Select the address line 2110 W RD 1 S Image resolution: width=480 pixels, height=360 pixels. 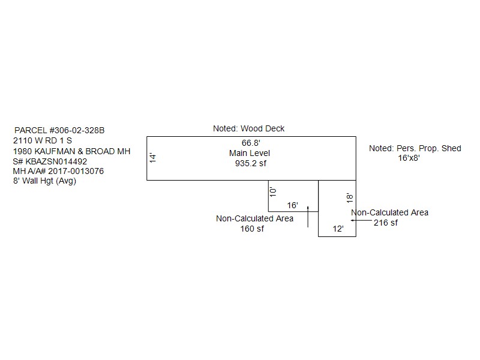coord(43,140)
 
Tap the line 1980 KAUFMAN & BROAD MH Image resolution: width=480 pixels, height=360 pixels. coord(71,151)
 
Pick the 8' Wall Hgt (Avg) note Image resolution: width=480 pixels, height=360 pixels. coord(44,181)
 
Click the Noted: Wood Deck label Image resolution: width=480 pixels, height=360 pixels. coord(248,128)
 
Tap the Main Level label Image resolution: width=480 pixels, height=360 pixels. coord(250,153)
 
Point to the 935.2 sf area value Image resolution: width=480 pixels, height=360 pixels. coord(250,163)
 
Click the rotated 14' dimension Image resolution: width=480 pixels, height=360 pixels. coord(153,158)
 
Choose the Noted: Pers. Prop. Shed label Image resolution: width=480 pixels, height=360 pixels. coord(415,148)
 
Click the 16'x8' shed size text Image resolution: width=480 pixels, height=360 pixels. coord(409,158)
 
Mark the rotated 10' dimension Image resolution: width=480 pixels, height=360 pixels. coord(273,192)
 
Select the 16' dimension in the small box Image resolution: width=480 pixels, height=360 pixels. coord(292,205)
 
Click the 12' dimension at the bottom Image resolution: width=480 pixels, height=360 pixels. coord(338,229)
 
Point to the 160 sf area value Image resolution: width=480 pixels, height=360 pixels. coord(252,229)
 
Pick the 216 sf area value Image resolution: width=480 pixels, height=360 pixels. coord(386,223)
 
